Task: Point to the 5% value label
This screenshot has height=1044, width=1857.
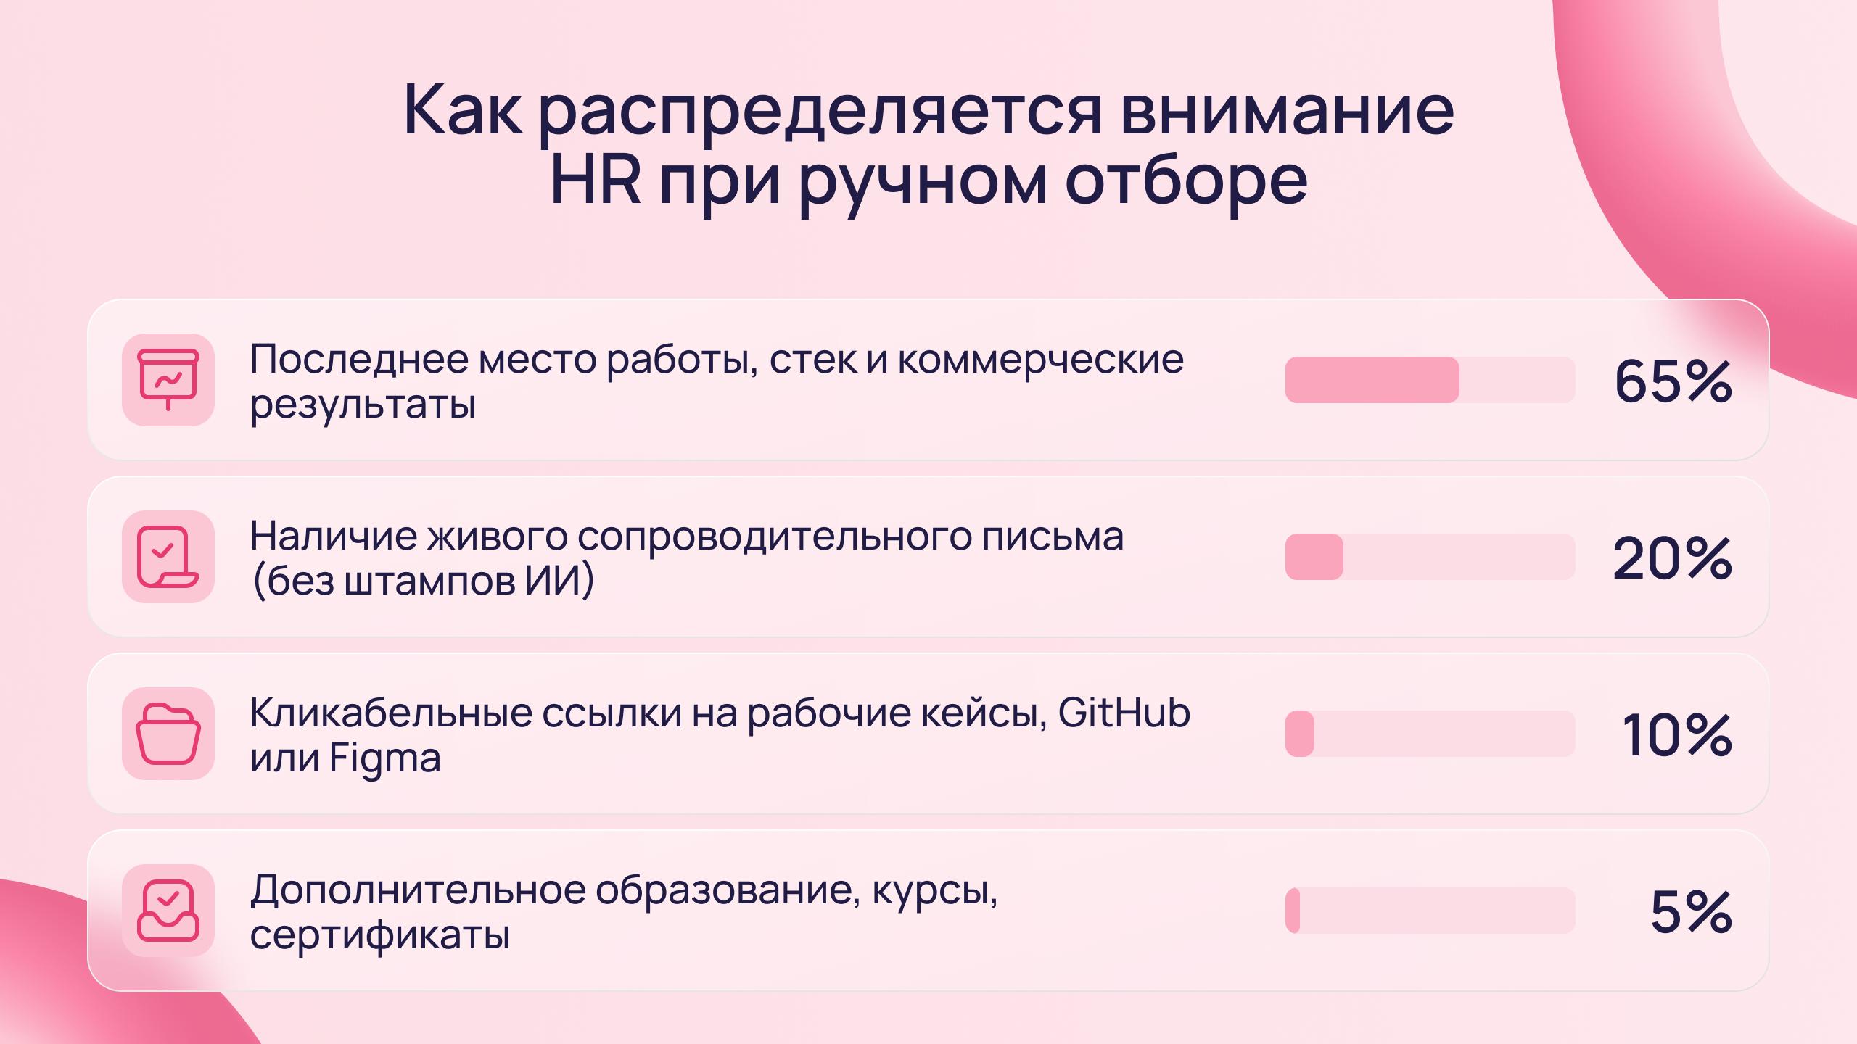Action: coord(1692,911)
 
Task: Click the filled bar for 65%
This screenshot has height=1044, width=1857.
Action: coord(1372,380)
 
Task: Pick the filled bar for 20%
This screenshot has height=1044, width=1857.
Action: coord(1314,557)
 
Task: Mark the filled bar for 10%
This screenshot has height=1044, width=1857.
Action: coord(1300,734)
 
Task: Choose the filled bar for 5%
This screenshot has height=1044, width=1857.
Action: coord(1293,911)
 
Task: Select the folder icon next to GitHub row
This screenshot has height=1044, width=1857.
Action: coord(168,734)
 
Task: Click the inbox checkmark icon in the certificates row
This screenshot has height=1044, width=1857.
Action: coord(168,911)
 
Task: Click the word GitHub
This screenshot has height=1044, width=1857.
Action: coord(1124,713)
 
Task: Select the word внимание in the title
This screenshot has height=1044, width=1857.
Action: coord(1287,111)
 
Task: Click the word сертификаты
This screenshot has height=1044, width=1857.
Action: coord(379,935)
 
